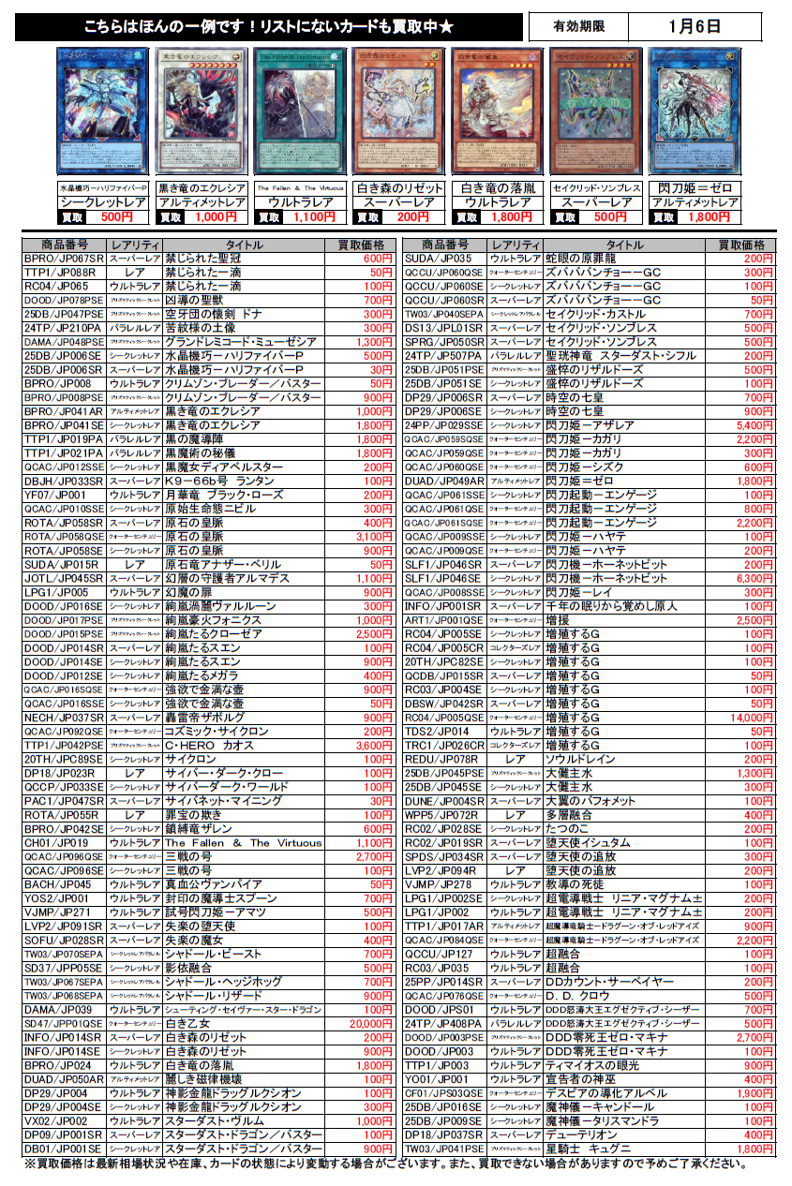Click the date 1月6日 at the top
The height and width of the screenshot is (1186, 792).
(x=695, y=26)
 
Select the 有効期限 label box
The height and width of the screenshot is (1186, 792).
(x=577, y=26)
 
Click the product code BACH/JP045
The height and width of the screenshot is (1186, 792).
(x=58, y=884)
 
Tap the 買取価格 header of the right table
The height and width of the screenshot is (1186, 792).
(x=741, y=245)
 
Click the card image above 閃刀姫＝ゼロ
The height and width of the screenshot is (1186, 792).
(x=695, y=111)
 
